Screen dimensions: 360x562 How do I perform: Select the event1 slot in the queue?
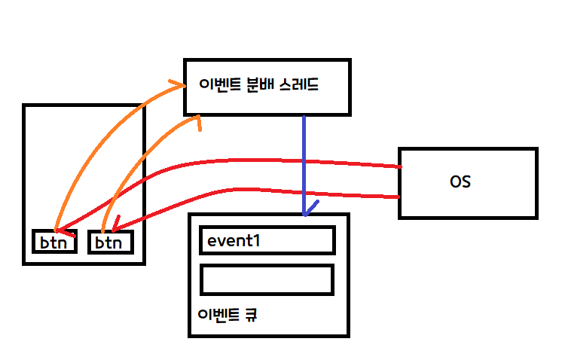[x=267, y=240]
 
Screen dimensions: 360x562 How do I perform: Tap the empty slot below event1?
[x=267, y=279]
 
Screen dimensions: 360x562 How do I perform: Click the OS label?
[x=460, y=182]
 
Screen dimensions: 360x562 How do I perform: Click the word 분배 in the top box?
[x=257, y=84]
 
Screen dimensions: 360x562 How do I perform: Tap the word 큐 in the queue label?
[x=250, y=315]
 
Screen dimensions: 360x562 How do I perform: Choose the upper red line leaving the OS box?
[x=301, y=161]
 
